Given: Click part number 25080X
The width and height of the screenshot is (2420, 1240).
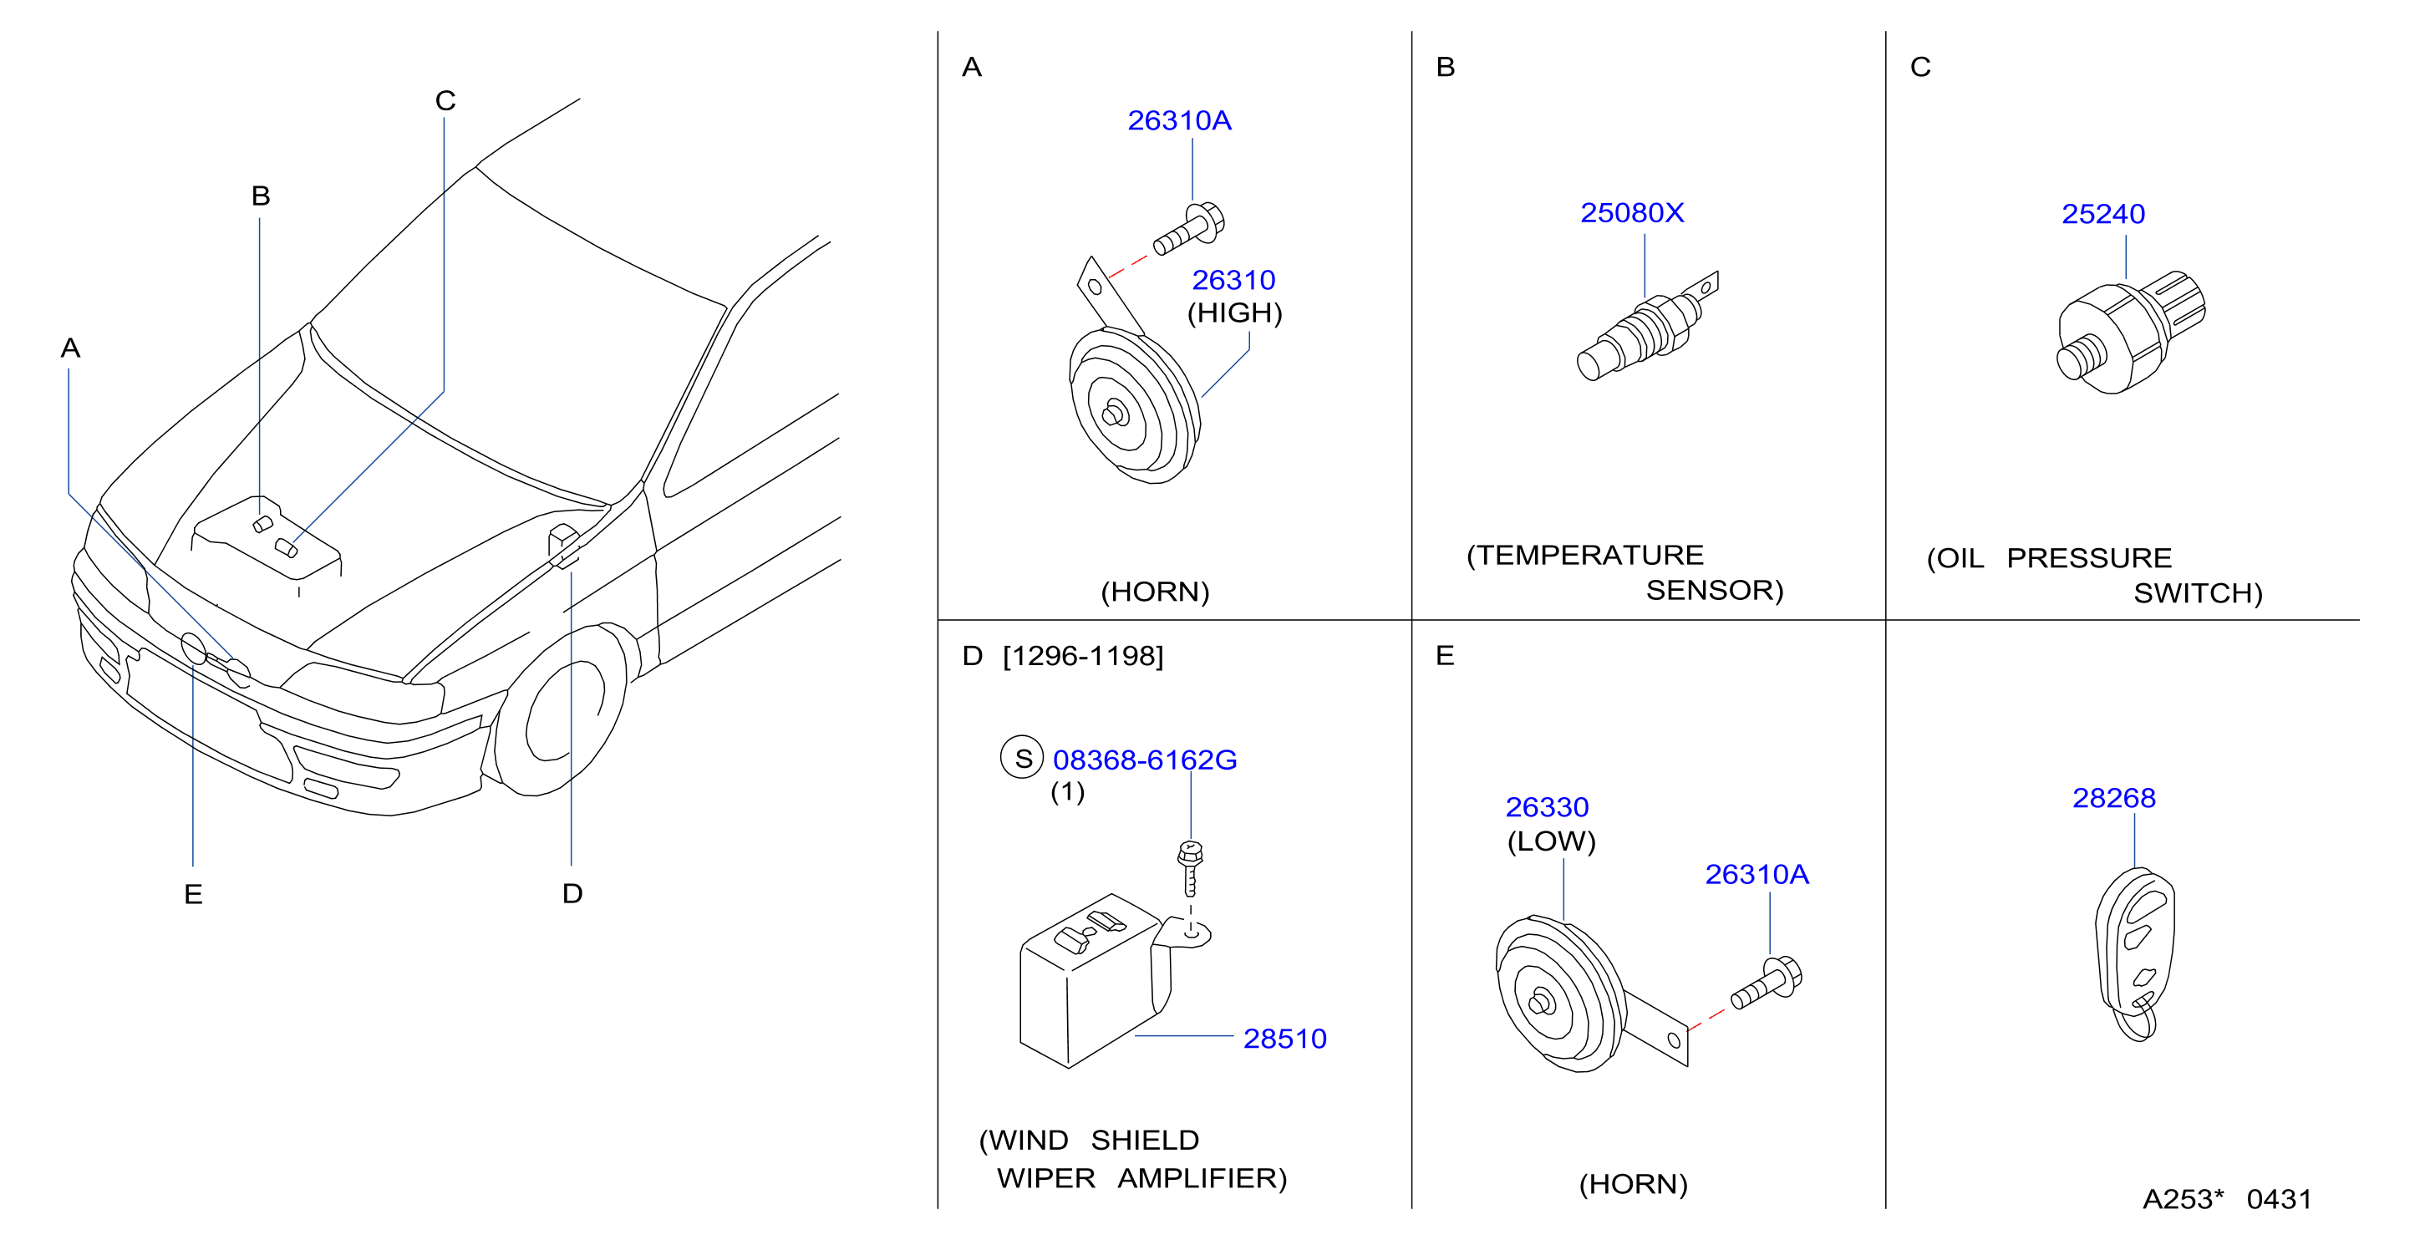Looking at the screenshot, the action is coord(1632,213).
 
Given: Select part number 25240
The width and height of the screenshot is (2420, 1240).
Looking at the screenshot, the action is coord(2102,214).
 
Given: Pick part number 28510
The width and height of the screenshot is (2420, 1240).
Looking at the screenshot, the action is coord(1284,1038).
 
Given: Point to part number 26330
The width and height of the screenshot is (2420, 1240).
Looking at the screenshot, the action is coord(1546,807).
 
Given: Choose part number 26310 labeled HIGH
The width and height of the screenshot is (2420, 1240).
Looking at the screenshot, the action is coord(1233,280).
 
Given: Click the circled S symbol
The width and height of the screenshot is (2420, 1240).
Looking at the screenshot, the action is coord(1022,757).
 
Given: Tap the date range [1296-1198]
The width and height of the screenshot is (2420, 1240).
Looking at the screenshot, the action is coord(1083,656).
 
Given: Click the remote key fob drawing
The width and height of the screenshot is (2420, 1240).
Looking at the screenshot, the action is coord(2134,952).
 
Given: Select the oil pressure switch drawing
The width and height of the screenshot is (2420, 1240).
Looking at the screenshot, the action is coord(2131,332).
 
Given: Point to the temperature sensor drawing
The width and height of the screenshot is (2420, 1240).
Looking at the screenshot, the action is coord(1647,325).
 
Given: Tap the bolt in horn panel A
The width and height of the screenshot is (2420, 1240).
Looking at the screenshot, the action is coord(1188,228).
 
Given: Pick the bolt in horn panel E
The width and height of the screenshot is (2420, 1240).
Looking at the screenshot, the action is coord(1767,983).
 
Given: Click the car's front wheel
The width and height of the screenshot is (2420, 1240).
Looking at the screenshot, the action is coord(562,709).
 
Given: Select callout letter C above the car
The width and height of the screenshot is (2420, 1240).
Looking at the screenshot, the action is coord(445,100).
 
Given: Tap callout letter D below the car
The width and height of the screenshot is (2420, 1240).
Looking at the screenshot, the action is coord(572,893).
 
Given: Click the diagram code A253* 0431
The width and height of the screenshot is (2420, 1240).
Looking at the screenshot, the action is coord(2226,1199).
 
